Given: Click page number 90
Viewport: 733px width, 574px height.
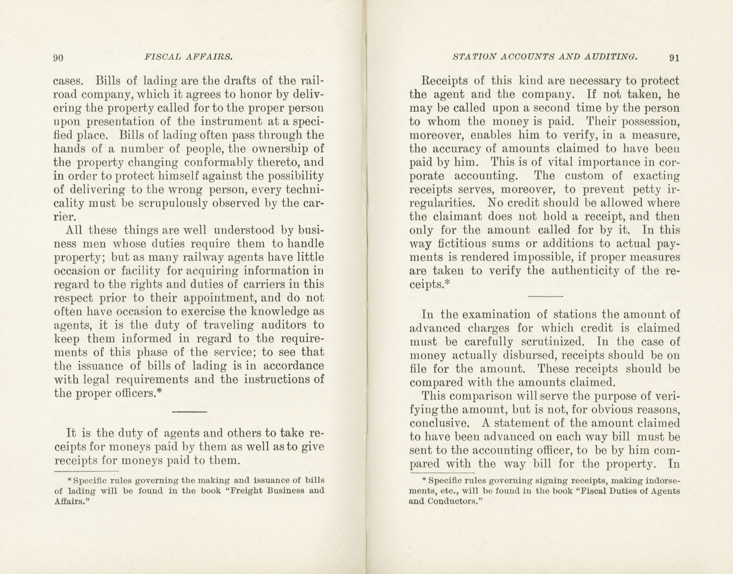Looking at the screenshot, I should [58, 57].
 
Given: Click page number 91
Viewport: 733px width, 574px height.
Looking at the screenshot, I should [674, 57].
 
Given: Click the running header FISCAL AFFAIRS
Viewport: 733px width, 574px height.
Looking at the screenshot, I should [188, 57].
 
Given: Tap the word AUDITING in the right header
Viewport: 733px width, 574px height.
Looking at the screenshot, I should [611, 57].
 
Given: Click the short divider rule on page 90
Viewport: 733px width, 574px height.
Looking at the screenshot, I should [189, 412].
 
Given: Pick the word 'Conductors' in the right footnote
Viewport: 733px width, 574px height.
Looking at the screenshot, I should [451, 502].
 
